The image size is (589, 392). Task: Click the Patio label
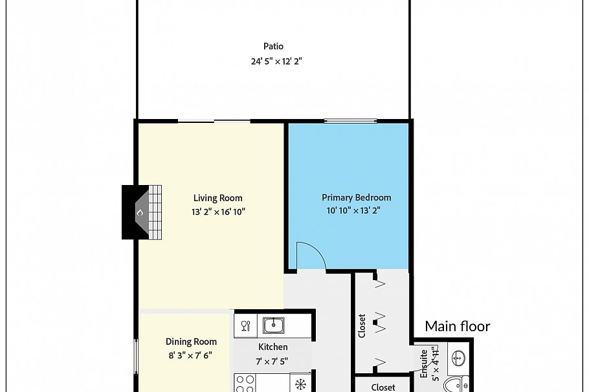click(273, 47)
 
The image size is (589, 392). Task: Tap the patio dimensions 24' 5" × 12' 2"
click(277, 62)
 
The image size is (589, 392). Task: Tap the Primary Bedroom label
click(356, 197)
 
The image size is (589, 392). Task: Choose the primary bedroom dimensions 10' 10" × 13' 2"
click(356, 210)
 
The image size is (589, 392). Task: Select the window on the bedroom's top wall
click(350, 120)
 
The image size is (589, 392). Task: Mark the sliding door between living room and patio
click(214, 121)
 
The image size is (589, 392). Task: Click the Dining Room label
click(191, 342)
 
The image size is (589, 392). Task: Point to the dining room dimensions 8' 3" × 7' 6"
click(190, 355)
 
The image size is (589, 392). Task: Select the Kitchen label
click(272, 347)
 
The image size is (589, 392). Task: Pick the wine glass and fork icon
click(245, 325)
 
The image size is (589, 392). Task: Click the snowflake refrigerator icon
click(300, 384)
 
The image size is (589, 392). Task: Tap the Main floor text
click(457, 327)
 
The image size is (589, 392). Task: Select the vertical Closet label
click(362, 325)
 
